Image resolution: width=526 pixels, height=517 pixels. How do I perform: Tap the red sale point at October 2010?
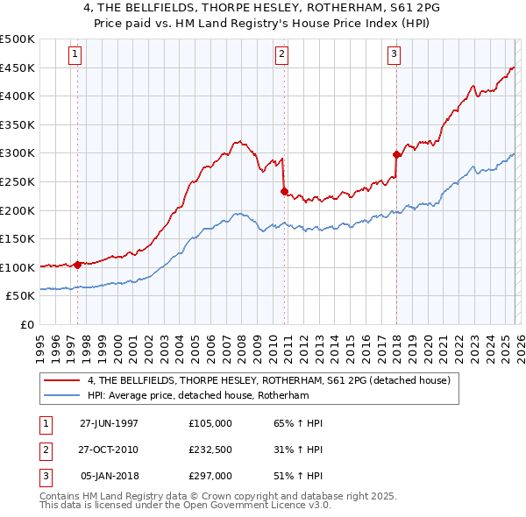click(284, 191)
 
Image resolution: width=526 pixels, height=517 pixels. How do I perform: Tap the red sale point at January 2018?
click(396, 154)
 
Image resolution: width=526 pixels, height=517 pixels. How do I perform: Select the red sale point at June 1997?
click(77, 264)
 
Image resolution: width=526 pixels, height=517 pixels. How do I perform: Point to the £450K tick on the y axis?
click(18, 67)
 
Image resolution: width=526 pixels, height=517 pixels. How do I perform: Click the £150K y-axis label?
click(18, 238)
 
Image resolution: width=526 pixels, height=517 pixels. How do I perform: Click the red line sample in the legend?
click(62, 380)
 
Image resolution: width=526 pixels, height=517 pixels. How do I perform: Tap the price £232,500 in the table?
click(210, 450)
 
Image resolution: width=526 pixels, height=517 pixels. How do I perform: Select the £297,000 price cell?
click(210, 476)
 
